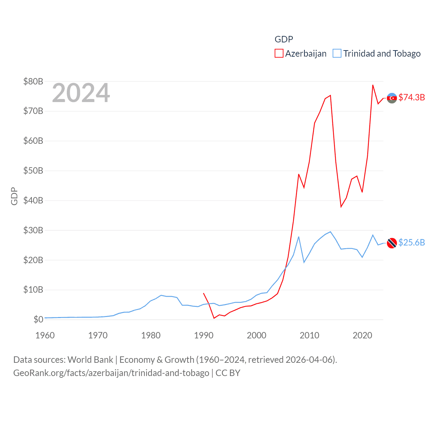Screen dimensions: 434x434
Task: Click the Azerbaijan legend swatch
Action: coord(279,54)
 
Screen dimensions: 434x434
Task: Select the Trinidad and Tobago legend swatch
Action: coord(337,54)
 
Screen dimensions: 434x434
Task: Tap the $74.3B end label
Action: coord(412,97)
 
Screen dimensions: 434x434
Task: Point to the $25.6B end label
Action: coord(412,242)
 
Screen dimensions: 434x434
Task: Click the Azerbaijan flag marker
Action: coord(392,98)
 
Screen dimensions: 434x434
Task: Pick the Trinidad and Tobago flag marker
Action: coord(392,243)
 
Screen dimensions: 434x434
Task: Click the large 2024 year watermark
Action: coord(81,93)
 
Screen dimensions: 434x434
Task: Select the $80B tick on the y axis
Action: coord(33,81)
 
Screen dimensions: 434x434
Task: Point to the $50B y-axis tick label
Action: coord(33,171)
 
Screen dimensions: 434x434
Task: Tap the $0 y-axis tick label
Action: coord(38,319)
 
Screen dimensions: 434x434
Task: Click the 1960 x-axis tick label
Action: coord(45,335)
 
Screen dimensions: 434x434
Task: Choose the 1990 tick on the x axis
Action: coord(204,335)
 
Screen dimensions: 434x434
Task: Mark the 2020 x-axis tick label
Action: coord(362,335)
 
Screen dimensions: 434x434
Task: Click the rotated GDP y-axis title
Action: coord(14,196)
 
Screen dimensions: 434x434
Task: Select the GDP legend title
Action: coord(284,39)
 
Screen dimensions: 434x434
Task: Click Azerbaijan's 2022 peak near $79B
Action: coord(373,85)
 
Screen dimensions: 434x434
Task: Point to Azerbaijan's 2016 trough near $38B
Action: coord(341,207)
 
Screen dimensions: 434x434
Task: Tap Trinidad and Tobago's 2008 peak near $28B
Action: coord(299,237)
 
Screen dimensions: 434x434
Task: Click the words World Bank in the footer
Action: coord(91,359)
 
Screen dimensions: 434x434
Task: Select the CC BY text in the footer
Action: coord(228,373)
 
